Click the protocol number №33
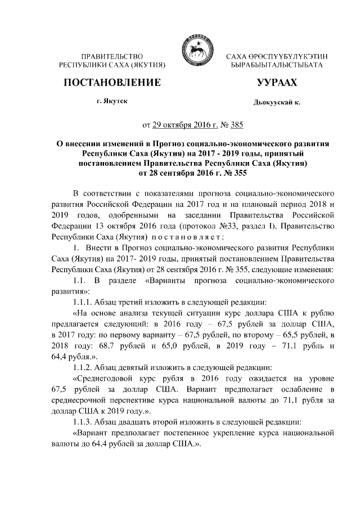(x=201, y=226)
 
